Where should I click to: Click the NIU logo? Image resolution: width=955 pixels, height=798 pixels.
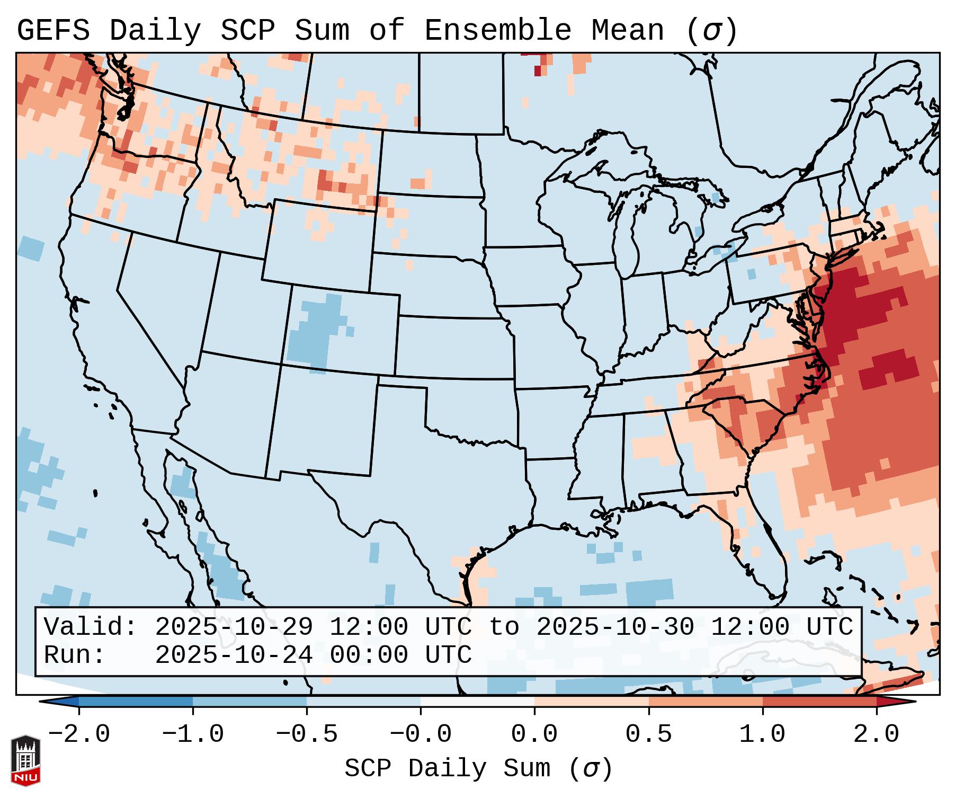click(25, 760)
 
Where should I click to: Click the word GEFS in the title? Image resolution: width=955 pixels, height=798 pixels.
click(53, 31)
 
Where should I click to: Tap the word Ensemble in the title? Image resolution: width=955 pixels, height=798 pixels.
click(497, 31)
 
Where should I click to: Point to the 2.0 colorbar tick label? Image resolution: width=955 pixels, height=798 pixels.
click(876, 734)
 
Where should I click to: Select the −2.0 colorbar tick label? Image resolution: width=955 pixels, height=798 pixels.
click(79, 734)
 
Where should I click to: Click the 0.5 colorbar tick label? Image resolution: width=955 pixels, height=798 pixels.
click(648, 734)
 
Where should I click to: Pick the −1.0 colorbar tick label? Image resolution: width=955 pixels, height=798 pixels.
click(193, 734)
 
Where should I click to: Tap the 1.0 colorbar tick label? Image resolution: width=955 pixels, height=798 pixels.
click(762, 734)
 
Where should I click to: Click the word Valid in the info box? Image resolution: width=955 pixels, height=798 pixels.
click(90, 627)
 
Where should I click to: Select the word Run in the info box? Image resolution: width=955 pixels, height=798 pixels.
click(74, 655)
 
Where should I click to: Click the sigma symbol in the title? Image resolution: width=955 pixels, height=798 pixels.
click(711, 31)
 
